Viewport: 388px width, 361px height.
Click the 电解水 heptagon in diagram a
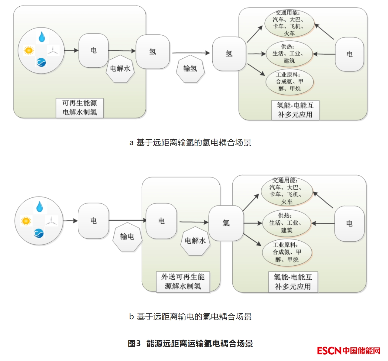coord(120,69)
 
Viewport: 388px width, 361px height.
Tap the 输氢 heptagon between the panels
coord(190,69)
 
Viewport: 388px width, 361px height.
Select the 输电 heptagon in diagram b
coord(127,237)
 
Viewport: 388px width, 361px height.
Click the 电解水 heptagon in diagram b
coord(195,241)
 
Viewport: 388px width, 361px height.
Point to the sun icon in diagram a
coord(29,50)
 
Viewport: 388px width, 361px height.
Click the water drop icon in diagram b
coord(40,207)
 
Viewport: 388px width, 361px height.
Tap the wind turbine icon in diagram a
coord(53,50)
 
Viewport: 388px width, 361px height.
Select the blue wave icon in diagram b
coord(39,233)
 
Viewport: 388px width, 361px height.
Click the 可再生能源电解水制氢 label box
coord(80,108)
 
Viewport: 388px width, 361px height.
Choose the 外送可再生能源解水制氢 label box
coord(183,281)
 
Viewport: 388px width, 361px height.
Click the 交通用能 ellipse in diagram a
coord(289,23)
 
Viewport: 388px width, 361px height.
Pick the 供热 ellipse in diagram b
coord(286,223)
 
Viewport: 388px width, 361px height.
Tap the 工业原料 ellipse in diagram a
coord(289,82)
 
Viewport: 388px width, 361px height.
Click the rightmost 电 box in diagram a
coord(349,54)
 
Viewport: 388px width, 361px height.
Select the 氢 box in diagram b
coord(226,223)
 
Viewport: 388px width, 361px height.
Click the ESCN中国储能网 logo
coord(348,351)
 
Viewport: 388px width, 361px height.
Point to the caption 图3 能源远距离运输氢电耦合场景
coord(190,343)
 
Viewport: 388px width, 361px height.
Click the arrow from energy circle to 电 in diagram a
coord(71,50)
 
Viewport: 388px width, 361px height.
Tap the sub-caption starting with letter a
coord(190,142)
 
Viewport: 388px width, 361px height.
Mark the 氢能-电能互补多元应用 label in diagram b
coord(293,282)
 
